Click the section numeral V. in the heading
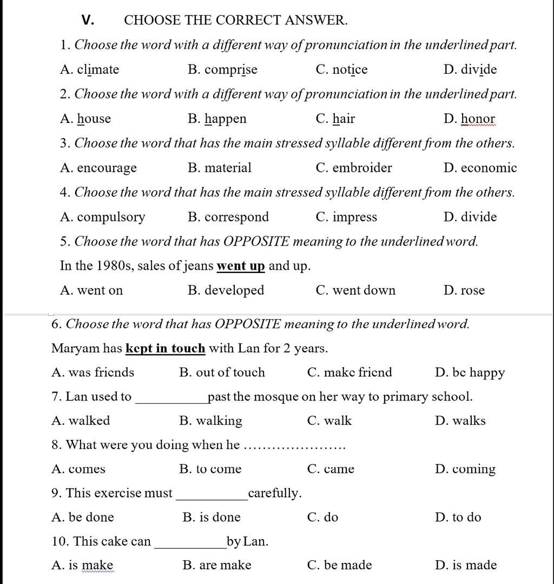coord(88,21)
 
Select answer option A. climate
coord(90,70)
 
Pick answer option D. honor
coord(469,119)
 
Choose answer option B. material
coord(220,168)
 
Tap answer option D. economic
coord(480,168)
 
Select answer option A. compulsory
coord(103,217)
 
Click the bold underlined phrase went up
coord(241,266)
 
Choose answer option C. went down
coord(355,290)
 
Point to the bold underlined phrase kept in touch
coord(165,348)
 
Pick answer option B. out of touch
coord(222,373)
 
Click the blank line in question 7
coord(172,401)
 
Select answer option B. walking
coord(210,421)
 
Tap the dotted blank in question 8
coord(295,447)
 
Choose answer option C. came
coord(331,469)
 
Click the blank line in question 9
coord(212,497)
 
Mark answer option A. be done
coord(83,517)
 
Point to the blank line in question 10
coord(190,546)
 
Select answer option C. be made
coord(339,566)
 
